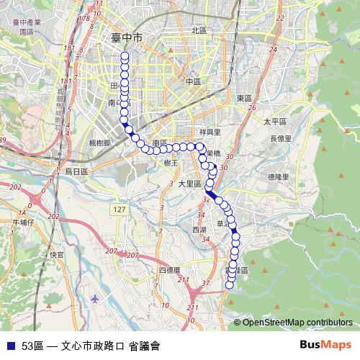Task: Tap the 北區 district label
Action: click(199, 30)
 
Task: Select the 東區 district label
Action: click(243, 98)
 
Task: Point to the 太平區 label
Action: click(275, 122)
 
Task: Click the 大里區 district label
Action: click(190, 184)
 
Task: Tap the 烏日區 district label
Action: click(76, 171)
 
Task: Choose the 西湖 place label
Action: click(199, 229)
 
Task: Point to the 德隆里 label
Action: click(277, 176)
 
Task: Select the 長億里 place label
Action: click(280, 138)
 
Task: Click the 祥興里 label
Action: click(207, 132)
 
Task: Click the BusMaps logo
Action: click(326, 344)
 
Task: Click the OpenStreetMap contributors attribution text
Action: click(297, 322)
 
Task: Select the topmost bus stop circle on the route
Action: click(125, 55)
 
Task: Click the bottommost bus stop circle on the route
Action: click(230, 285)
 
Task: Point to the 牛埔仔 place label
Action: click(23, 222)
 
